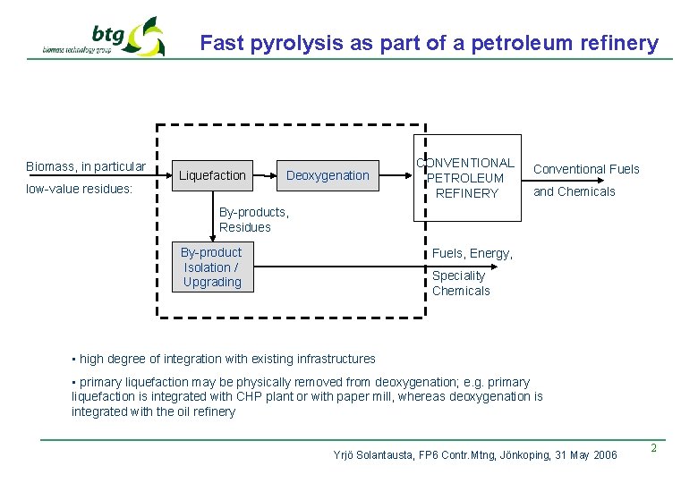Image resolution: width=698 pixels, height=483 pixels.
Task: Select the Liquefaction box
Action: coord(212,175)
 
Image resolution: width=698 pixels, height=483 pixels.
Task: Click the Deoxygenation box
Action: coord(328,175)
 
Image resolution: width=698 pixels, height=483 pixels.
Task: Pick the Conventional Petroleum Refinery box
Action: coord(466,178)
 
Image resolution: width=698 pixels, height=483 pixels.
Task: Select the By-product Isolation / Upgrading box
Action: coord(212,267)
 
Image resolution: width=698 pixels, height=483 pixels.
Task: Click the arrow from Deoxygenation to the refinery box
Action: coord(395,175)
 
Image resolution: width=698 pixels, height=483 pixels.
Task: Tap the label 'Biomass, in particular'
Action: coord(86,166)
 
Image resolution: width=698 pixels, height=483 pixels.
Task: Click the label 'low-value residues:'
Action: coord(80,190)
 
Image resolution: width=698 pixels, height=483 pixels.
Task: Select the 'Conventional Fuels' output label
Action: coord(586,169)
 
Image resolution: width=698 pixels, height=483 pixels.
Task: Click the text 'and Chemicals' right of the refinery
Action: coord(575,191)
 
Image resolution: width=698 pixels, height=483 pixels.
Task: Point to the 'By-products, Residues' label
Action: coord(254,220)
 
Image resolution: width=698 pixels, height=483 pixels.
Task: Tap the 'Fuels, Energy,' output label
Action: coord(472,254)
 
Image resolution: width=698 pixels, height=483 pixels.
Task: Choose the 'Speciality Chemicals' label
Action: coord(461,284)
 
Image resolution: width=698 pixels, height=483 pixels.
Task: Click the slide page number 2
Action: coord(653,448)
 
